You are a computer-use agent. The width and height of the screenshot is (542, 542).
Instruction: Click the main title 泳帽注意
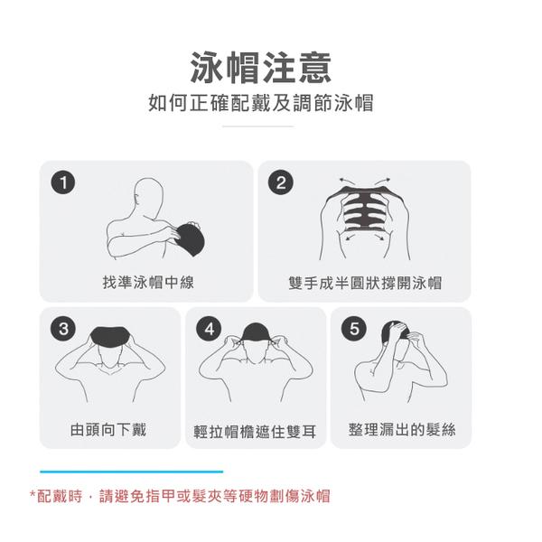(260, 68)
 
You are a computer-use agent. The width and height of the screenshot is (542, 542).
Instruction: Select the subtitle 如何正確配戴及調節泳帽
(260, 103)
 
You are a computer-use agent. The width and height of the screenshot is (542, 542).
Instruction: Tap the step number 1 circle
(61, 183)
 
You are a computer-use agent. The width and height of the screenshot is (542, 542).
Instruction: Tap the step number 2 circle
(282, 183)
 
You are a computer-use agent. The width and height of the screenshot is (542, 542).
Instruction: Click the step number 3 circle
(61, 329)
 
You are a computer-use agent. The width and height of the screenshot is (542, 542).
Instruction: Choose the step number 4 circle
(210, 329)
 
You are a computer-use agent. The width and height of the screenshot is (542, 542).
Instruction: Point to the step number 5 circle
(354, 329)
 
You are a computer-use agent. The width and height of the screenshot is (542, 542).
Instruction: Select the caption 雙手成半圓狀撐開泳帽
(365, 283)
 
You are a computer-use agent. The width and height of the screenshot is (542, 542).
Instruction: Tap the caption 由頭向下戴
(108, 429)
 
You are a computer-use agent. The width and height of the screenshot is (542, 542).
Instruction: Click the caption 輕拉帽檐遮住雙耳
(256, 431)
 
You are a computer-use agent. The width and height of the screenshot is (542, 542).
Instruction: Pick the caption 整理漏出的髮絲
(402, 429)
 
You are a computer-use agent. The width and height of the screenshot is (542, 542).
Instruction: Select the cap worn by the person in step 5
(399, 332)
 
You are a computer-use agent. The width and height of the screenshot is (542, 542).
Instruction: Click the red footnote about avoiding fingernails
(180, 496)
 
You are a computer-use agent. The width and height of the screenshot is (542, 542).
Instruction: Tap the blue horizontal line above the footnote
(131, 471)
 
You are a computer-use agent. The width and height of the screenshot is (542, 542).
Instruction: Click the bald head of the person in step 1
(150, 194)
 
